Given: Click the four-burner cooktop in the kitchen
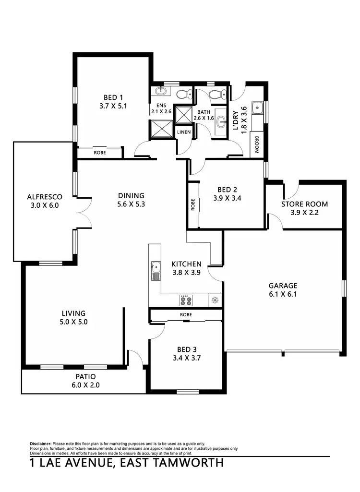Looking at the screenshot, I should click(x=186, y=300).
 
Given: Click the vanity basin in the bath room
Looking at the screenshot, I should click(x=221, y=122).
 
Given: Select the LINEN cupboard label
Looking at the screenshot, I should click(x=184, y=132).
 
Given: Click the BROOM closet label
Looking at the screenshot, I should click(x=257, y=144).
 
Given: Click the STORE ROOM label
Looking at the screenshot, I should click(x=305, y=204).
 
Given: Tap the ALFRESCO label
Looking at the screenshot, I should click(x=44, y=196).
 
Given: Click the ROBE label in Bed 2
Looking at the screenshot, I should click(x=192, y=205).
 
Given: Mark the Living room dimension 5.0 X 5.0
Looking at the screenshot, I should click(x=73, y=322).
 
